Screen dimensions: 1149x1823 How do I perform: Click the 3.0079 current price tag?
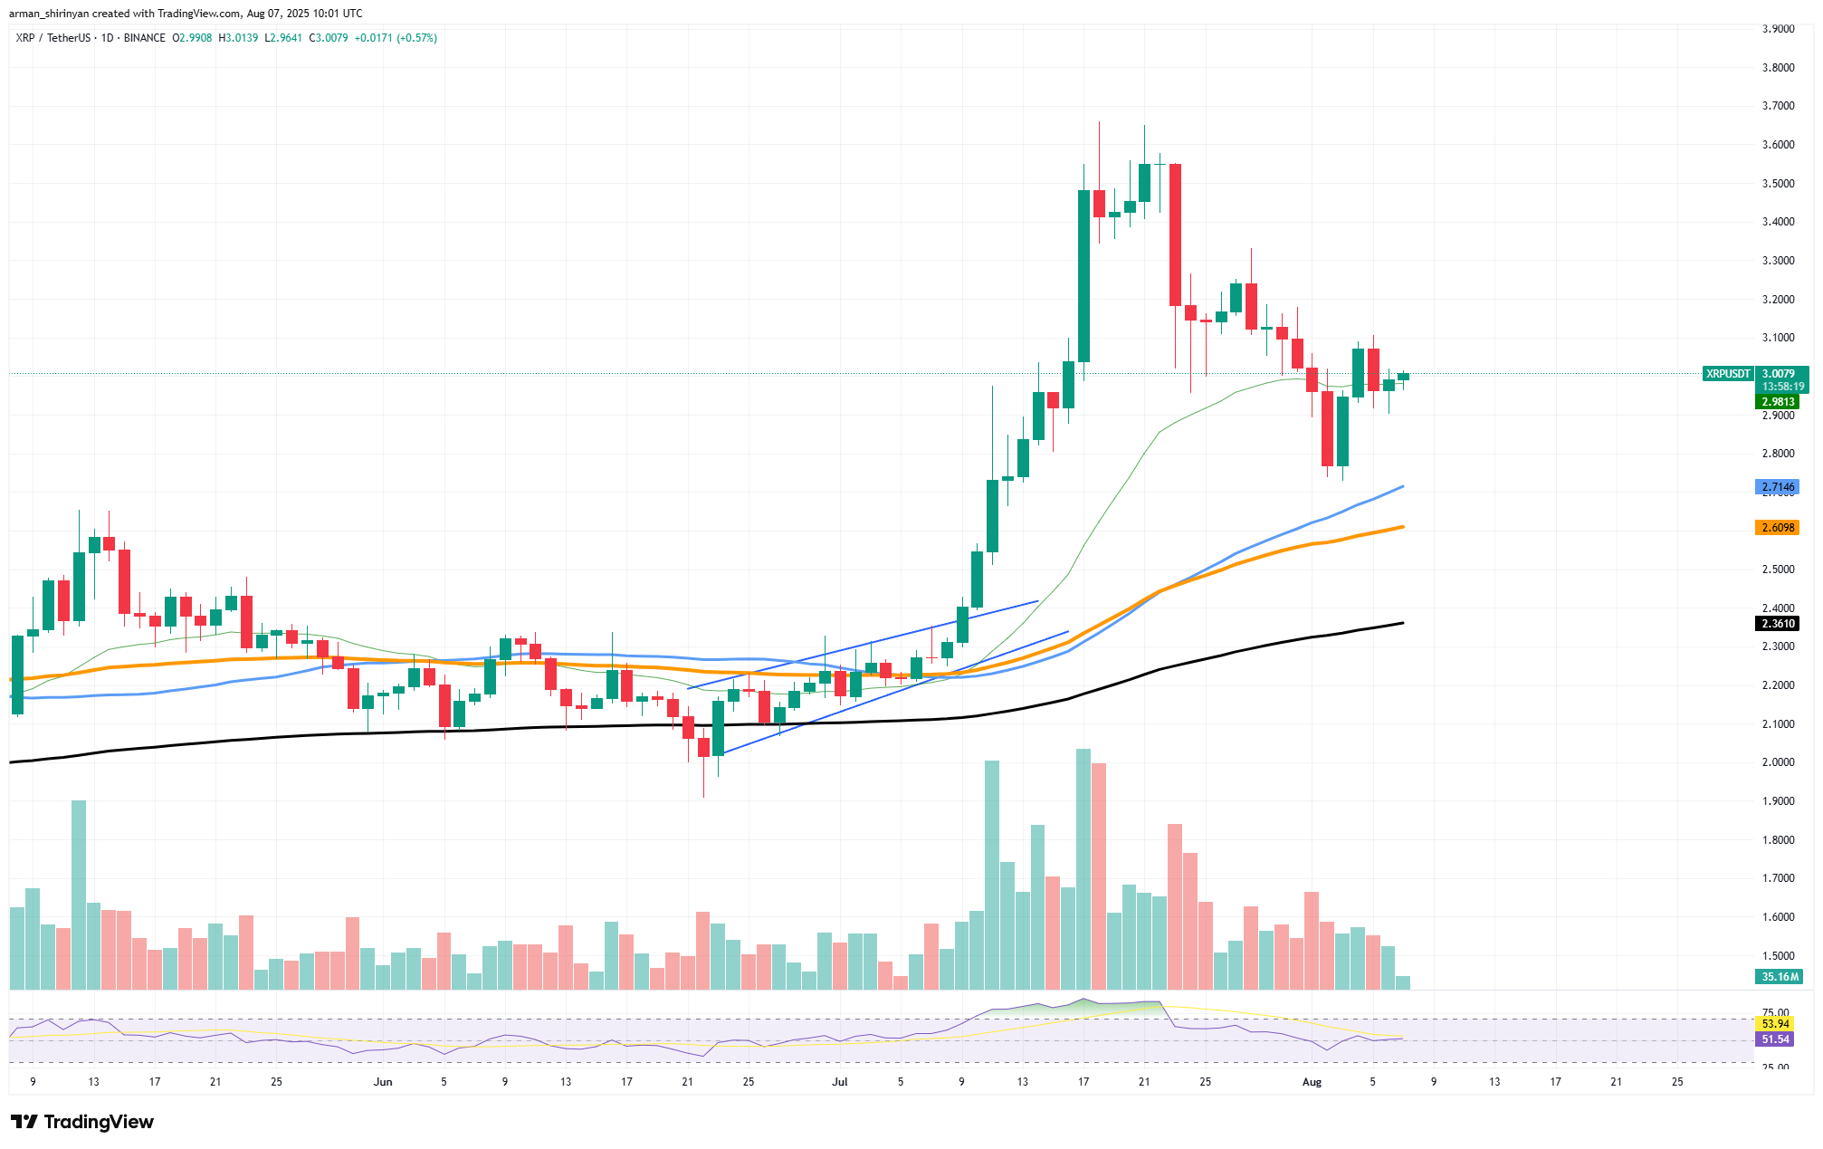point(1778,373)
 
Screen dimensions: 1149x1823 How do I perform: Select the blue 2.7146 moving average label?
point(1776,487)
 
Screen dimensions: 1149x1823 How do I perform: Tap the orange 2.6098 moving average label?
point(1776,528)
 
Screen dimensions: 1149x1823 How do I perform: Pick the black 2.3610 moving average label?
point(1776,624)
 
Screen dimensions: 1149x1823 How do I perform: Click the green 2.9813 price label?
point(1776,402)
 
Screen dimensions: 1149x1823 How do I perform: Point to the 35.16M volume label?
point(1778,977)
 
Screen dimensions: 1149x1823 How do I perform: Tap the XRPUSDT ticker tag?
point(1727,373)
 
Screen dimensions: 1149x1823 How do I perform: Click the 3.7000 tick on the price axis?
point(1778,106)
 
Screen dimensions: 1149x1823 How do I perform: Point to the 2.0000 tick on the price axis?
point(1778,762)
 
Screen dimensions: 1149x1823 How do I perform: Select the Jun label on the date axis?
point(383,1082)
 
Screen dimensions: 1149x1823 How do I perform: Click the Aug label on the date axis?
point(1312,1082)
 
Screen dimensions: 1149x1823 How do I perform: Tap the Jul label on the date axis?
point(840,1082)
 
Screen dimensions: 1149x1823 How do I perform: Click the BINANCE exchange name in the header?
point(145,38)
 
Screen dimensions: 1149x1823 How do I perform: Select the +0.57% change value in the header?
point(417,38)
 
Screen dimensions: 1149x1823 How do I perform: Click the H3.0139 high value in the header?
point(238,38)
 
